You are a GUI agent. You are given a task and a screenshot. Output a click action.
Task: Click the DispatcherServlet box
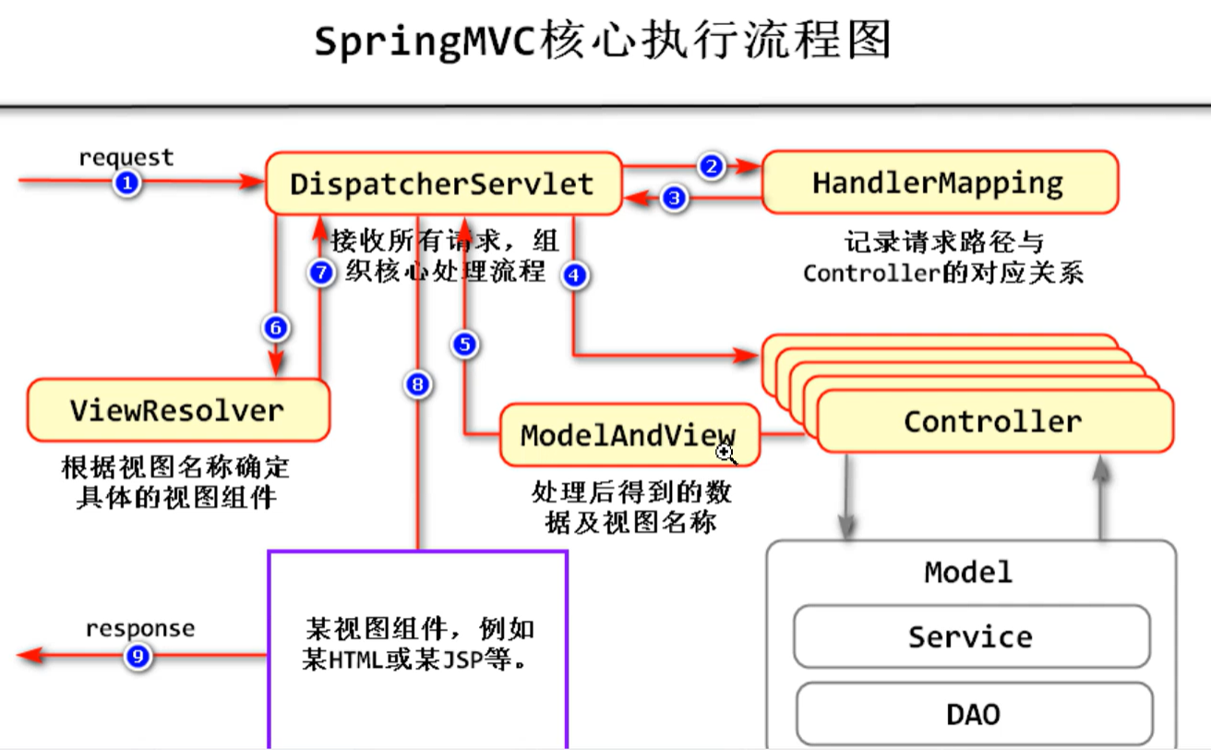(442, 183)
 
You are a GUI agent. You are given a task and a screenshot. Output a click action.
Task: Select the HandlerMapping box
(938, 182)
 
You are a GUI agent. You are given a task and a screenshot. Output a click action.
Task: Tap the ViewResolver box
(177, 409)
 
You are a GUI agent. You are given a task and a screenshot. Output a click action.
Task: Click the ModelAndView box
(628, 435)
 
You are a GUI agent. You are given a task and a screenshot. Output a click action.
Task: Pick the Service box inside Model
(970, 636)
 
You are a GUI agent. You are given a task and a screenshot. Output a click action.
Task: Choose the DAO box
(973, 713)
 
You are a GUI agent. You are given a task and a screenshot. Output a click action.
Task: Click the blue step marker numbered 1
(127, 184)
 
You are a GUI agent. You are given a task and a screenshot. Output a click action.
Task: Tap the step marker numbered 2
(711, 166)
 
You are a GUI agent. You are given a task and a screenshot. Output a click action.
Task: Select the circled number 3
(676, 197)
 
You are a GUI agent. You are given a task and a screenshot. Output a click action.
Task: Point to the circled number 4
(576, 274)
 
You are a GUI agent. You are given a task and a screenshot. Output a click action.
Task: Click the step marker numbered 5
(465, 345)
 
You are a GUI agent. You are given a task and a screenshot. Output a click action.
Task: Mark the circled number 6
(275, 327)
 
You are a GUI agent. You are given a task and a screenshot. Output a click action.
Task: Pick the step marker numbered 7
(320, 273)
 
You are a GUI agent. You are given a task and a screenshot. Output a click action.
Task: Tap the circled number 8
(418, 384)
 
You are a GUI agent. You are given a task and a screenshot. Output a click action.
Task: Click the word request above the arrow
(126, 157)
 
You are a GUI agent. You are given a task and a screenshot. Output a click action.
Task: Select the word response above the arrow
(140, 629)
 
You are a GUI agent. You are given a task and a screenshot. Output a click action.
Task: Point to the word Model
(968, 572)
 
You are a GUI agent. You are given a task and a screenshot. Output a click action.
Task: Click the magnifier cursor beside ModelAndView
(725, 452)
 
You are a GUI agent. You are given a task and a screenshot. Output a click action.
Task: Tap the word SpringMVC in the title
(425, 42)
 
